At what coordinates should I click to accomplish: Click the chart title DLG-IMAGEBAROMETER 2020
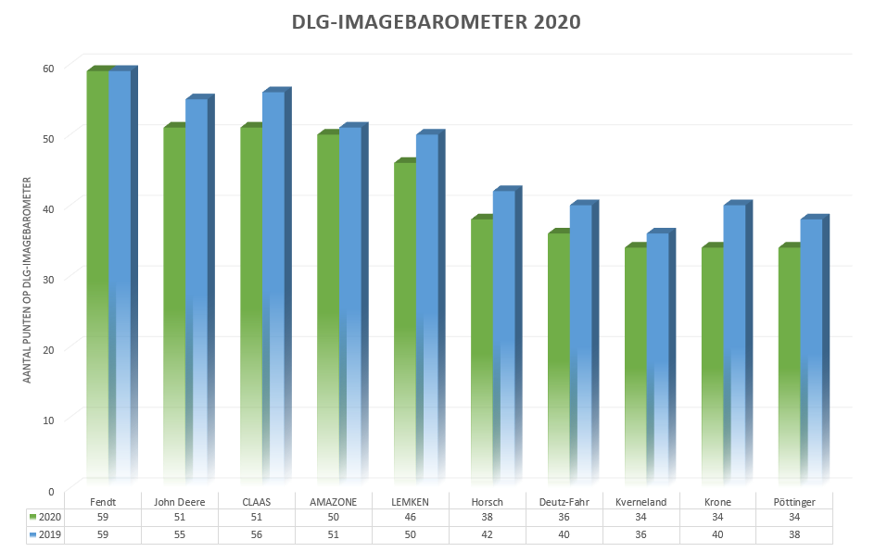pos(437,22)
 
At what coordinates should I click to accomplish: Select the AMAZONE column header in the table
pos(333,502)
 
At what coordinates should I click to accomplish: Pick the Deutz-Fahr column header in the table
pos(564,502)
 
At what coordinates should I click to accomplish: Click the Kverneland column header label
pos(640,502)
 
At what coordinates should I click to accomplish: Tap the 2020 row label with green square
pos(45,518)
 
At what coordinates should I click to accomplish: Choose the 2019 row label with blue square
pos(45,535)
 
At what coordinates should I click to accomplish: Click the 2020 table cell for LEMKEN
pos(410,518)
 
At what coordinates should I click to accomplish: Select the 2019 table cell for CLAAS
pos(256,535)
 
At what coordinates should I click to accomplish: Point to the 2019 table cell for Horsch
pos(487,535)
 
